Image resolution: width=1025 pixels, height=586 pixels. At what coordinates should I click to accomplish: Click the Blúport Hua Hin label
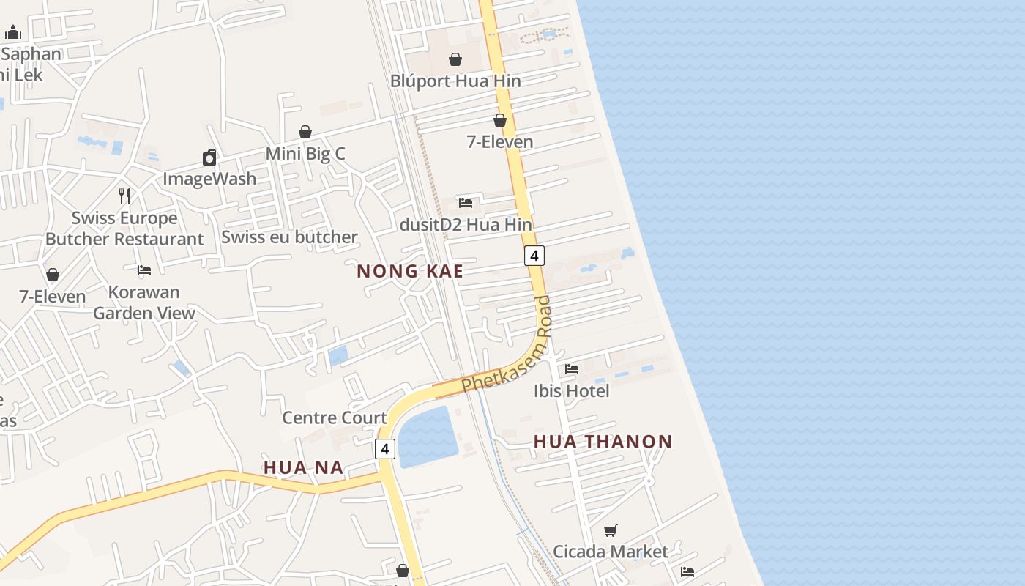[x=455, y=81]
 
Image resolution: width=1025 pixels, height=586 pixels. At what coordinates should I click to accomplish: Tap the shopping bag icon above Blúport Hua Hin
[x=455, y=59]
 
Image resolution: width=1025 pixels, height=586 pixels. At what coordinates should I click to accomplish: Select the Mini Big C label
[x=305, y=154]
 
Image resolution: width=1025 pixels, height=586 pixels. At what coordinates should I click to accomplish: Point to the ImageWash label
[x=209, y=179]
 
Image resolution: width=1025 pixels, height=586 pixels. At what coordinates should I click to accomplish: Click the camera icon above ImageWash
[x=209, y=157]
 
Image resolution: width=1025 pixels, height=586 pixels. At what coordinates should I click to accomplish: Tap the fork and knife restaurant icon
[x=124, y=196]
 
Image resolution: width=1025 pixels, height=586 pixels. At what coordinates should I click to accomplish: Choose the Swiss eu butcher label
[x=289, y=237]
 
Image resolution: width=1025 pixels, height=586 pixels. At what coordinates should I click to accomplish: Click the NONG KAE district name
[x=410, y=272]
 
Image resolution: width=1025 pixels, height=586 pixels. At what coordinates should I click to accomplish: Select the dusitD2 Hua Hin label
[x=466, y=225]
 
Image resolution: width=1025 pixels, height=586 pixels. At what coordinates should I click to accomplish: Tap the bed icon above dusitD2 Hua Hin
[x=466, y=203]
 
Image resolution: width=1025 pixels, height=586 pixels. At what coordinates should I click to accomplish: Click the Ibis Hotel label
[x=571, y=391]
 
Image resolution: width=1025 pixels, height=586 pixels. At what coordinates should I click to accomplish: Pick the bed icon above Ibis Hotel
[x=572, y=369]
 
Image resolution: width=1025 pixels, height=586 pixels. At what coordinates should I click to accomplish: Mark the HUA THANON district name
[x=603, y=442]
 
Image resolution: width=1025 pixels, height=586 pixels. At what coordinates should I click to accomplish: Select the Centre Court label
[x=335, y=418]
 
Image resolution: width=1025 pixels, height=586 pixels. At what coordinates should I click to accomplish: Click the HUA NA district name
[x=303, y=467]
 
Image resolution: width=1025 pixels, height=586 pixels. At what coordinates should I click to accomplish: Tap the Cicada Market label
[x=610, y=552]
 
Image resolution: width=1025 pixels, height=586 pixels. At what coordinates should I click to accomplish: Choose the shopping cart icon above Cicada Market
[x=610, y=530]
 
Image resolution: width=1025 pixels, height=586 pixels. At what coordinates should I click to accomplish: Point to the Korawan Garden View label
[x=144, y=303]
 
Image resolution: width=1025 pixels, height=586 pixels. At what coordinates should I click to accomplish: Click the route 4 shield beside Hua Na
[x=385, y=448]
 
